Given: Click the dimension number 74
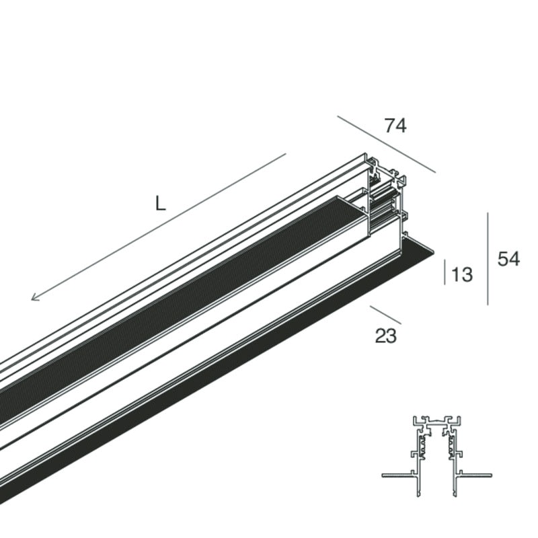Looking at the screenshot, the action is click(x=395, y=126).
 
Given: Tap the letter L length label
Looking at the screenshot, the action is click(x=160, y=203).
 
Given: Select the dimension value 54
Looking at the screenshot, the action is click(x=509, y=259).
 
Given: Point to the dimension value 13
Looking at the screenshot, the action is click(x=462, y=274).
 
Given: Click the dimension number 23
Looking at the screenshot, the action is click(x=385, y=336).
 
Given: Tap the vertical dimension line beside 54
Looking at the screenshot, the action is click(x=488, y=259).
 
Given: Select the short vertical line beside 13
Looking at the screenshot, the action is click(x=445, y=272).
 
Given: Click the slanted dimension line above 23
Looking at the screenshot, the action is click(x=385, y=315).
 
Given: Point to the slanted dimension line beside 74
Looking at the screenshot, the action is click(x=387, y=145).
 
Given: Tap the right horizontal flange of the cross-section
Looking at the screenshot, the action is click(x=475, y=475).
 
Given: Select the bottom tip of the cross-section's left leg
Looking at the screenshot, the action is click(x=418, y=496).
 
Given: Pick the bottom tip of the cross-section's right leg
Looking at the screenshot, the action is click(x=455, y=496).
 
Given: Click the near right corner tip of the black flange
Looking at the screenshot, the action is click(x=434, y=254).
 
